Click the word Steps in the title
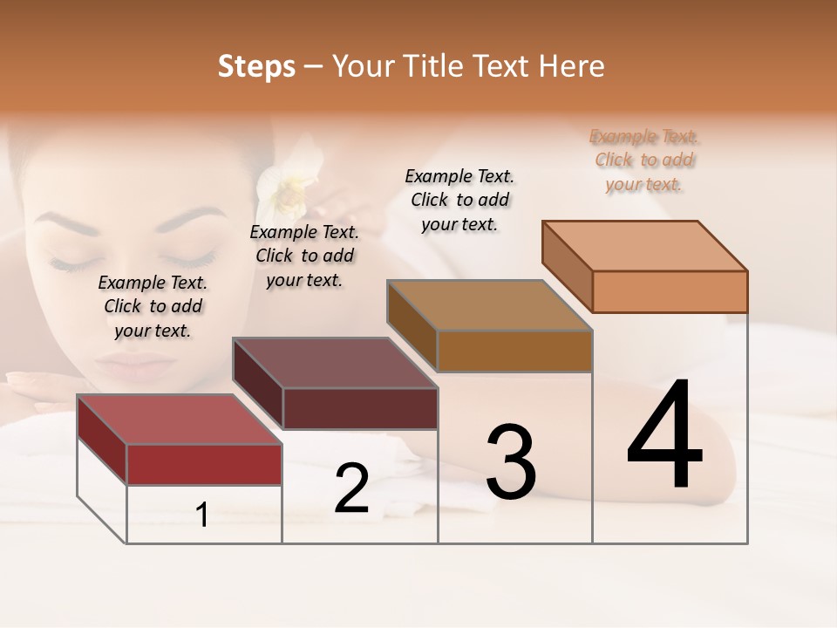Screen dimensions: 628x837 coord(256,66)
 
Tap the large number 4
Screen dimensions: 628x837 coord(664,436)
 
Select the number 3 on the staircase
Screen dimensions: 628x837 coord(510,462)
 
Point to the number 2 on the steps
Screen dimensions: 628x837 coord(352,489)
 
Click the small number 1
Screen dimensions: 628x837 coord(202,515)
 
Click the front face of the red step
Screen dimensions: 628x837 coord(204,464)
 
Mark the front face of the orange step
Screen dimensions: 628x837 coord(670,291)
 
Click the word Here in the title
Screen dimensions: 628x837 coord(573,66)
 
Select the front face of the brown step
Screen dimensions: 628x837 coord(514,351)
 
